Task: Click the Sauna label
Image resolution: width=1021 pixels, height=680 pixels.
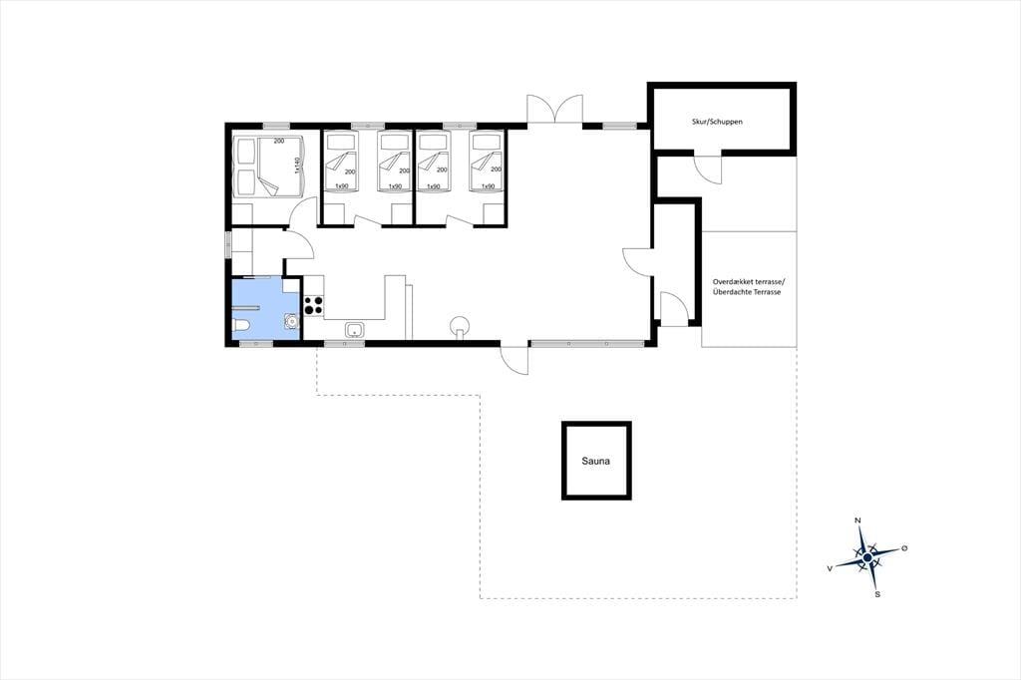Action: (596, 462)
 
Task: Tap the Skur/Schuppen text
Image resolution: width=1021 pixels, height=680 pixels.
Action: (717, 122)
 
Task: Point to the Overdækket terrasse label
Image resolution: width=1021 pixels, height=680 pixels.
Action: (749, 282)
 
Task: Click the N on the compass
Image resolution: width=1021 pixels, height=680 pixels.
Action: (857, 520)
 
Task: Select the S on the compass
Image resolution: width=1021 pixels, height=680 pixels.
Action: (877, 594)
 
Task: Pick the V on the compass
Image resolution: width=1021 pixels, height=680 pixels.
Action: (830, 568)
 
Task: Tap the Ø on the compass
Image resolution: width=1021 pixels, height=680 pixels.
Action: (904, 548)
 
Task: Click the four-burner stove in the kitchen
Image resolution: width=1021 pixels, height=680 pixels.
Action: (313, 305)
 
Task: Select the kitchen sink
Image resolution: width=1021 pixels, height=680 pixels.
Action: (355, 330)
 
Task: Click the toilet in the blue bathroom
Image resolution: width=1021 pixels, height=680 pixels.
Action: (241, 325)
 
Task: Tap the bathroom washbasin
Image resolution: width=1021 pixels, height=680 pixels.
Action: (291, 320)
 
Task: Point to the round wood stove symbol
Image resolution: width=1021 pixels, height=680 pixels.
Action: (460, 325)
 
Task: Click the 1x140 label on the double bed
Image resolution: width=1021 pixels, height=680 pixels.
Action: (296, 166)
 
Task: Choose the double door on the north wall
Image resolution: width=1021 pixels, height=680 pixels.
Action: (554, 110)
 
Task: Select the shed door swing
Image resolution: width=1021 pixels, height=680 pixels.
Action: (707, 170)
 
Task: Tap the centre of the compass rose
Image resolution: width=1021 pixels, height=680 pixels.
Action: (867, 557)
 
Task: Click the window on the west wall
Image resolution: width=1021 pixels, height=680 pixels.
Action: (228, 244)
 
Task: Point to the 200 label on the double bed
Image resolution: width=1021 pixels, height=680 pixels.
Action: (279, 142)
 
